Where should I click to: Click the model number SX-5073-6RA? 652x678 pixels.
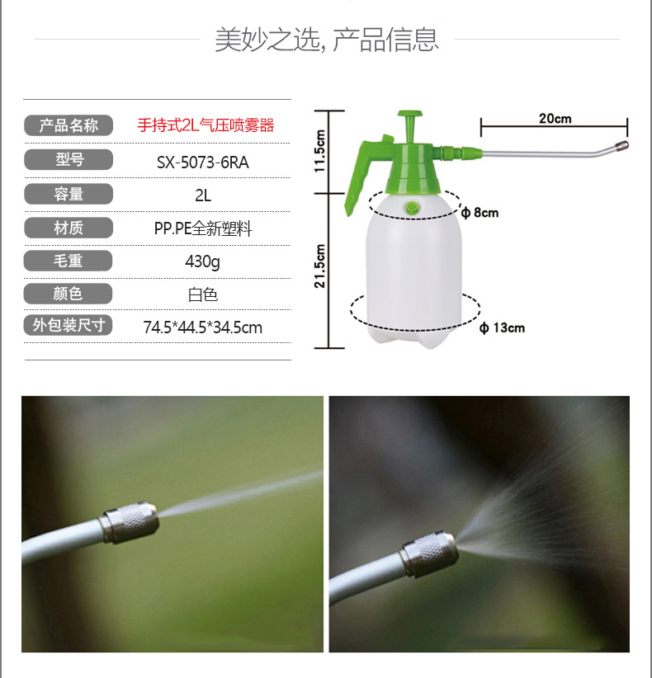[x=202, y=162]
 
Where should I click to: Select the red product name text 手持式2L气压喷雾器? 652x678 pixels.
[x=206, y=125]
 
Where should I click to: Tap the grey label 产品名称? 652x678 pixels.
[x=69, y=125]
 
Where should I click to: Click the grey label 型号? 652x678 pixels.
[x=69, y=159]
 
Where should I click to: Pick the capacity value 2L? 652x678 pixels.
[x=203, y=195]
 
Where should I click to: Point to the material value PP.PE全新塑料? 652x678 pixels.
[x=203, y=228]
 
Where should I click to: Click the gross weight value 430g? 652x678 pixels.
[x=202, y=261]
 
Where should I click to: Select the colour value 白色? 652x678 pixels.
[x=202, y=294]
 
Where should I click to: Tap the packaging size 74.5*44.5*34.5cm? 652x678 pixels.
[x=202, y=327]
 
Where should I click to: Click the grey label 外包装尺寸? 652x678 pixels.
[x=69, y=325]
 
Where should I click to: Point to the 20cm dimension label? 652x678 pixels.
[x=555, y=119]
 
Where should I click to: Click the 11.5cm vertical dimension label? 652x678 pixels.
[x=319, y=151]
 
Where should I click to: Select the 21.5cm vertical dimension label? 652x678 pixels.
[x=319, y=266]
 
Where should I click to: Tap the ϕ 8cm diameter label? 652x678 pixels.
[x=480, y=212]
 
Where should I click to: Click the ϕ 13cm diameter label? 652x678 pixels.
[x=502, y=327]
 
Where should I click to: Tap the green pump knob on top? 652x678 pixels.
[x=409, y=125]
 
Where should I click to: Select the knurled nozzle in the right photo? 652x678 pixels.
[x=429, y=554]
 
